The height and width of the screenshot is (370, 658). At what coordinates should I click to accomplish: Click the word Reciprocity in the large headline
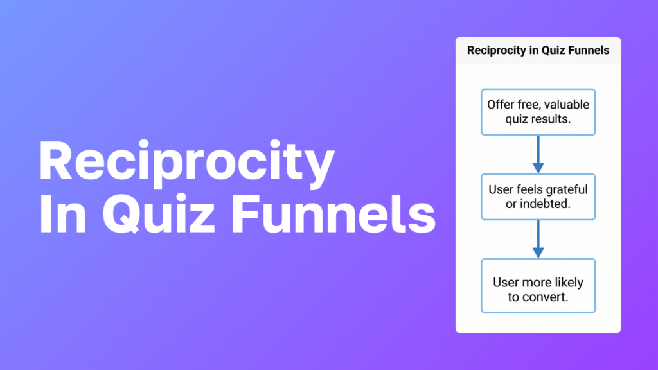coord(186,162)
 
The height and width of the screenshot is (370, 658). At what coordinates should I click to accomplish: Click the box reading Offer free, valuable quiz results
coord(538,112)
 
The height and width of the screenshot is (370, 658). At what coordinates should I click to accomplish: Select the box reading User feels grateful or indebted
coord(538,197)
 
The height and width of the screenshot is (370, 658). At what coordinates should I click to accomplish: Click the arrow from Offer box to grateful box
coord(538,154)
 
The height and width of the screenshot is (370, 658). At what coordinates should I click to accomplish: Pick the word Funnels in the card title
coord(588,50)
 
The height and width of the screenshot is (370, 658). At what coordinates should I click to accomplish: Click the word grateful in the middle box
coord(566,189)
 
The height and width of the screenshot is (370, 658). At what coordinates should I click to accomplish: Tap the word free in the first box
coord(528,105)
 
